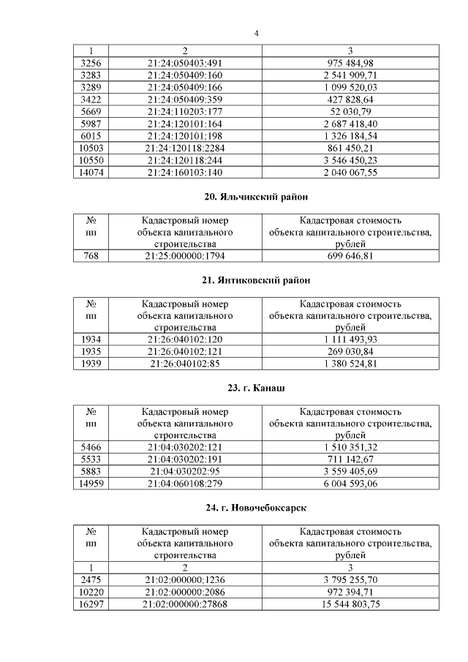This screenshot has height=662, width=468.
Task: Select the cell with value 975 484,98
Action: click(350, 63)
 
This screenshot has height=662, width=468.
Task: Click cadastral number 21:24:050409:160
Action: click(184, 75)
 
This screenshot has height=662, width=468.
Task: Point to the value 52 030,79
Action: click(350, 111)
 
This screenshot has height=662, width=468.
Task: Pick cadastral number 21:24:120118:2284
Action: click(184, 148)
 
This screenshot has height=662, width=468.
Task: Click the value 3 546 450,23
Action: click(350, 160)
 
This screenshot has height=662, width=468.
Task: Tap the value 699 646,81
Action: click(350, 256)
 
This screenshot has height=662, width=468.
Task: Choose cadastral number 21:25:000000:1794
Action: click(184, 256)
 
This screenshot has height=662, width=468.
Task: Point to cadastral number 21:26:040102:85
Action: click(184, 364)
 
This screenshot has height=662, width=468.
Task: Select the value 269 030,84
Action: click(350, 352)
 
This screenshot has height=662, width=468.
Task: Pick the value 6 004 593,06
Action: click(350, 484)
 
